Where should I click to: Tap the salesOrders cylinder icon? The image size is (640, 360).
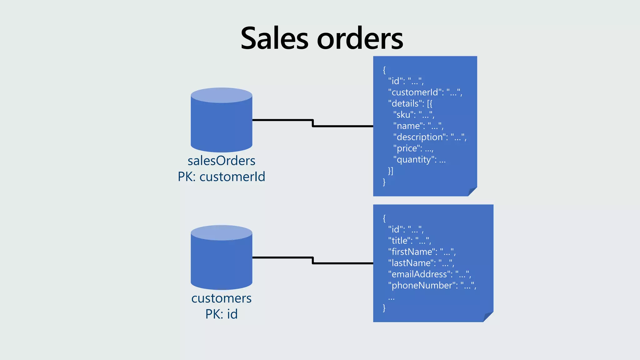click(x=221, y=120)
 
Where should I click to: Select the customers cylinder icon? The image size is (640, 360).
click(x=221, y=258)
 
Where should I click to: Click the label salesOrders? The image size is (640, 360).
click(x=221, y=161)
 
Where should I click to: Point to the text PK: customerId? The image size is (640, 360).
click(x=221, y=177)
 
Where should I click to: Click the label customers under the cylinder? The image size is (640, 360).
click(x=221, y=298)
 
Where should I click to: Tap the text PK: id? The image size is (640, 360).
click(x=221, y=314)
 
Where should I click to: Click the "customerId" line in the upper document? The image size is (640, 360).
click(x=425, y=92)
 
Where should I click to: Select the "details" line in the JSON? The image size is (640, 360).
click(x=410, y=104)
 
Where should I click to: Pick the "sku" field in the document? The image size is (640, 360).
click(x=413, y=115)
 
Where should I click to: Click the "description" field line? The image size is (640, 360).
click(x=430, y=137)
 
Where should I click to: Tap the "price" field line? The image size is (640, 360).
click(x=413, y=148)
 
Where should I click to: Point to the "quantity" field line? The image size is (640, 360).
click(x=419, y=160)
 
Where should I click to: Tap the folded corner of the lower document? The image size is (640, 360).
click(x=487, y=317)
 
